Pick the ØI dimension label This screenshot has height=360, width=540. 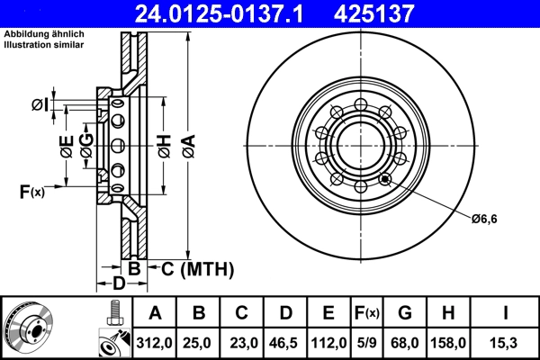pos(39,106)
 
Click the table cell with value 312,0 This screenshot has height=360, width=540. pos(156,342)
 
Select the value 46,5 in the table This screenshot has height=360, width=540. pos(285,342)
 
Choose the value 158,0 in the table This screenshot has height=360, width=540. pos(448,342)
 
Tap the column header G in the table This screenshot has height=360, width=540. pos(405,313)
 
